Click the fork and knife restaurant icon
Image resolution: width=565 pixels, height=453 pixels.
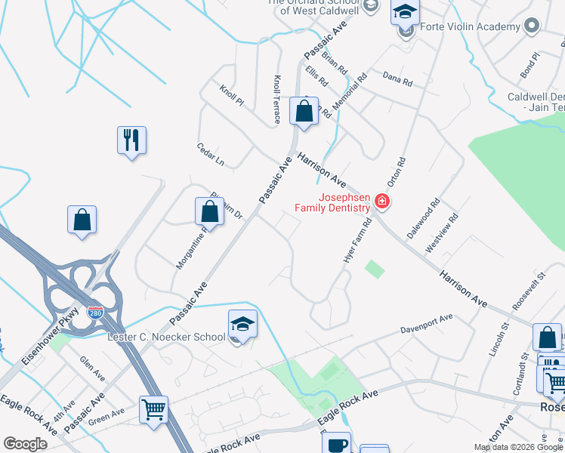click(x=131, y=140)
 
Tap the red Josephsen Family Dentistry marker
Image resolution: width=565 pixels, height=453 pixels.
click(x=382, y=201)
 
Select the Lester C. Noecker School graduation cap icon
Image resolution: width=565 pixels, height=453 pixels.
click(x=242, y=325)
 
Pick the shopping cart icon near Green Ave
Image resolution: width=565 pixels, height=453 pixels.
click(x=153, y=410)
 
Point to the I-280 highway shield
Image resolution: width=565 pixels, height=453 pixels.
click(x=94, y=311)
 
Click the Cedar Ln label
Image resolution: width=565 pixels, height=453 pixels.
click(x=211, y=154)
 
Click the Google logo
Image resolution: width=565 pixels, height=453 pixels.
click(x=25, y=444)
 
